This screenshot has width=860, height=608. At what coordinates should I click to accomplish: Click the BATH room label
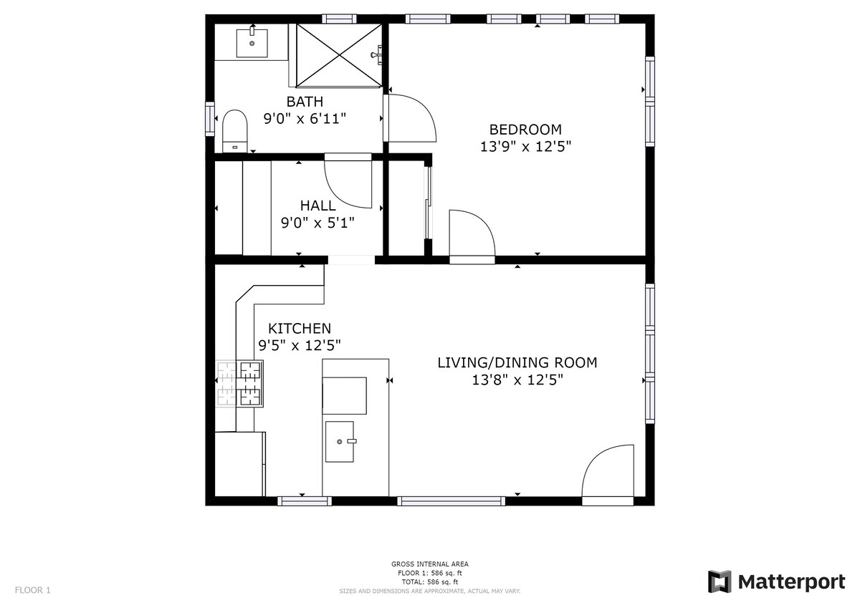tap(305, 102)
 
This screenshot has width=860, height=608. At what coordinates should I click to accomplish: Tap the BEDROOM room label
tap(525, 130)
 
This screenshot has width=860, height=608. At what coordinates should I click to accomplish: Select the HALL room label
tap(318, 206)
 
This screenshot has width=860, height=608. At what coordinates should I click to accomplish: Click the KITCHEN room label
tap(300, 329)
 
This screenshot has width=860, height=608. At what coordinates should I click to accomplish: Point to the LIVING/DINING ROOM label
tap(517, 362)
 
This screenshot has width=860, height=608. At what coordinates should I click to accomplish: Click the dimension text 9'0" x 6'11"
tap(305, 119)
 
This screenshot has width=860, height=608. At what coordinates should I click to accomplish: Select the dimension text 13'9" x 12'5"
tap(525, 147)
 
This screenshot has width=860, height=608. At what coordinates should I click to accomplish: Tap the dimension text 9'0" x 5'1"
tap(317, 223)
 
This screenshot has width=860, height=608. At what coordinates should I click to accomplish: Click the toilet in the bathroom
tap(234, 131)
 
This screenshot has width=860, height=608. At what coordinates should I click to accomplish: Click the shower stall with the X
tap(340, 56)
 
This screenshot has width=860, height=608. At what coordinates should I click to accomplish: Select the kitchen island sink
tap(340, 442)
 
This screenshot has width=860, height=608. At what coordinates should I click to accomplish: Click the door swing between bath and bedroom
tap(410, 118)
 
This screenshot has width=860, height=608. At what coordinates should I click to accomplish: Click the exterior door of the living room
tap(608, 475)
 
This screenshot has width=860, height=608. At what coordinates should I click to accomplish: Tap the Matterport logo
tap(777, 582)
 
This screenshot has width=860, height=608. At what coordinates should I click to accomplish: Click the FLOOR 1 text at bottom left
tap(33, 590)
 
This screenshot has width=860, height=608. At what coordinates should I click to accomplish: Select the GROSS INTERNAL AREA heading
tap(429, 564)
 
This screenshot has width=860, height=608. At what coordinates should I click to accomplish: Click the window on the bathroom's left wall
tap(209, 119)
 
